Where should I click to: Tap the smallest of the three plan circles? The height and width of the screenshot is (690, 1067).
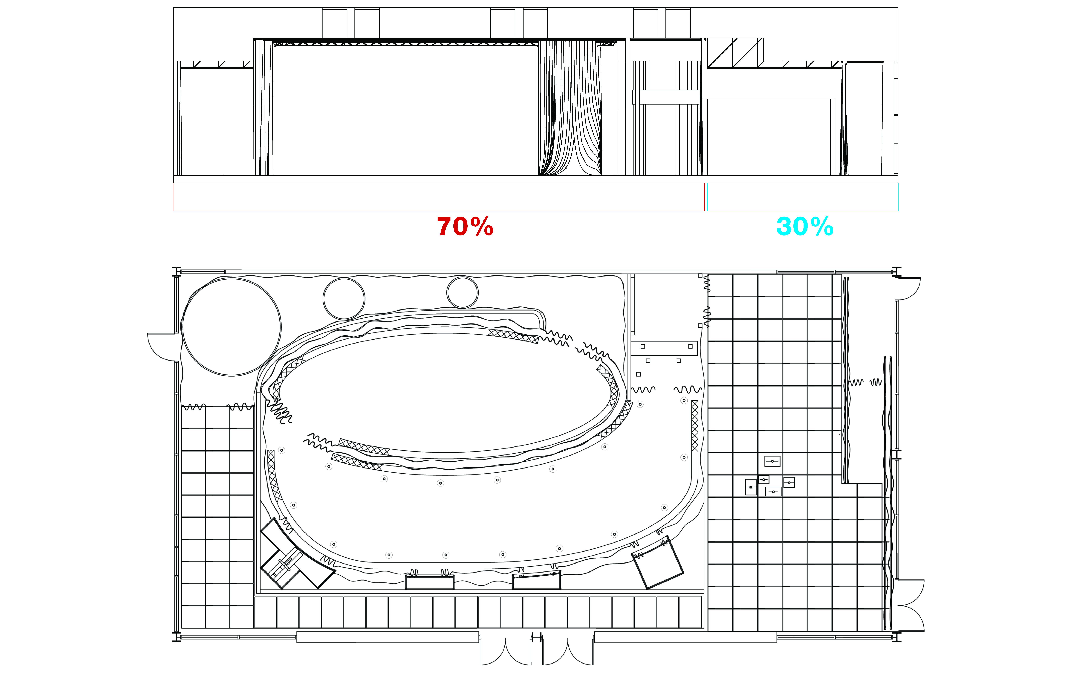coord(462,292)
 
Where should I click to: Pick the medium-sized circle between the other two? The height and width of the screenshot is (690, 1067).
coord(344,298)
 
